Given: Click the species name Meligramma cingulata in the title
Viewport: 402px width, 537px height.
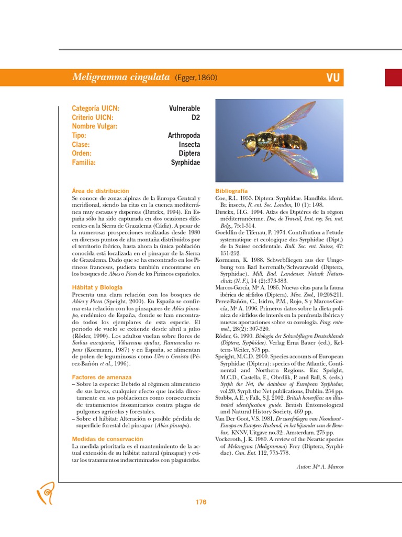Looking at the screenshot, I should [120, 78].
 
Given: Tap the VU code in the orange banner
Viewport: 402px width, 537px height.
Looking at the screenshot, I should [333, 78].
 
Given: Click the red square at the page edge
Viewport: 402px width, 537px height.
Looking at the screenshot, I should [393, 78].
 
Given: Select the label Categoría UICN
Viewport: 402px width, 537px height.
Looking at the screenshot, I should [95, 109].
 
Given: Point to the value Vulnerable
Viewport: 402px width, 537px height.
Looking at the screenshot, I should [184, 109].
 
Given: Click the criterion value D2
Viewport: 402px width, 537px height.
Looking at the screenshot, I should [195, 117].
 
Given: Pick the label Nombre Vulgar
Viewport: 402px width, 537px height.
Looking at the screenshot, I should [95, 126].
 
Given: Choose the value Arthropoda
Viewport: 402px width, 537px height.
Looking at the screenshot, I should [184, 135].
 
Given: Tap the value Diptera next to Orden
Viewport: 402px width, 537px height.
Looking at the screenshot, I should [189, 154].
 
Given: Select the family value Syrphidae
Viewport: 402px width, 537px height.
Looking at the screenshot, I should [185, 163].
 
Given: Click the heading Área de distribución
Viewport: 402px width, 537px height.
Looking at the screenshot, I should [100, 191].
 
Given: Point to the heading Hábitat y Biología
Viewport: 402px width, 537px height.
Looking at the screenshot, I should [97, 287].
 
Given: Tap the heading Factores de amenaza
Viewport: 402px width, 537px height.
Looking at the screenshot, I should [102, 377].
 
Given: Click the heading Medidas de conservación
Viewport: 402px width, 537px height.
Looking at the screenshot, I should [107, 438].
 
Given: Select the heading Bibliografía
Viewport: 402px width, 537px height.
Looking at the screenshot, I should [231, 191].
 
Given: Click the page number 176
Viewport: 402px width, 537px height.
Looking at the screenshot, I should [201, 502].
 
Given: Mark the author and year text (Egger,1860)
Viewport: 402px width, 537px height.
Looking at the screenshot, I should [196, 78].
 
